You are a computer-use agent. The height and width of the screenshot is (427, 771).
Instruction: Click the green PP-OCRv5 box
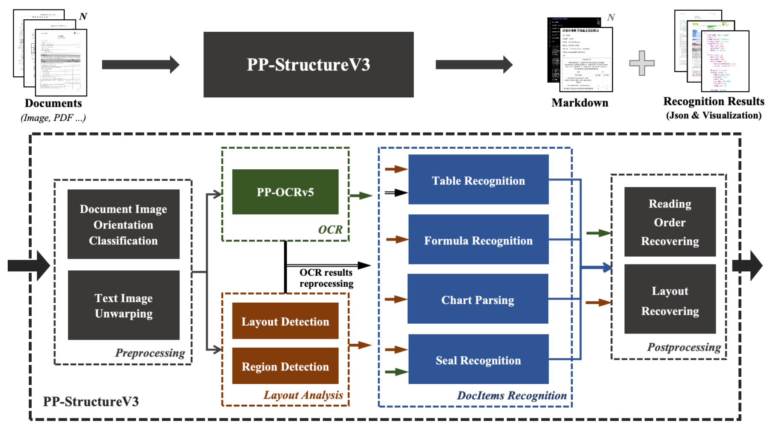[x=285, y=192]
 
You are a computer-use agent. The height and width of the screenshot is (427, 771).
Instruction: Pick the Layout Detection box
[x=285, y=321]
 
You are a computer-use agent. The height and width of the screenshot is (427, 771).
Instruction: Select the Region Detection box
[x=285, y=366]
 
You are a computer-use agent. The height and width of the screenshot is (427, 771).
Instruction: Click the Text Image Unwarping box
[x=123, y=305]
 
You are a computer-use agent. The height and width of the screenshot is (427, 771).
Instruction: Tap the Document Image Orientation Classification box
[x=123, y=224]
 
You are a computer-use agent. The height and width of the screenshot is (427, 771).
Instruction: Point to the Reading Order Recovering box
[x=670, y=222]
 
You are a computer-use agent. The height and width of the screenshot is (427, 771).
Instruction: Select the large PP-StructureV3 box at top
[x=308, y=65]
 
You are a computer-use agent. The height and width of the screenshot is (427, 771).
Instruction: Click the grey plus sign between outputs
[x=642, y=63]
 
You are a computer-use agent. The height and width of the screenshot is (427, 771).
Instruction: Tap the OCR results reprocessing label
[x=326, y=278]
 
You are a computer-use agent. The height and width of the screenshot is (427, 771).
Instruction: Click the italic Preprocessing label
[x=150, y=353]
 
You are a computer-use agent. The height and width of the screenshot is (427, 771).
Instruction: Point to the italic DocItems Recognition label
[x=511, y=395]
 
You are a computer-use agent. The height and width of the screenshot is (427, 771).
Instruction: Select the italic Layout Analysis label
[x=303, y=395]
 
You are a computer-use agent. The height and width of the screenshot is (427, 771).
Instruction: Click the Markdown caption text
[x=580, y=103]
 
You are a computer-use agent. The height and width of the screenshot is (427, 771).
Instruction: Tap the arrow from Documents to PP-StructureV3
[x=140, y=65]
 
